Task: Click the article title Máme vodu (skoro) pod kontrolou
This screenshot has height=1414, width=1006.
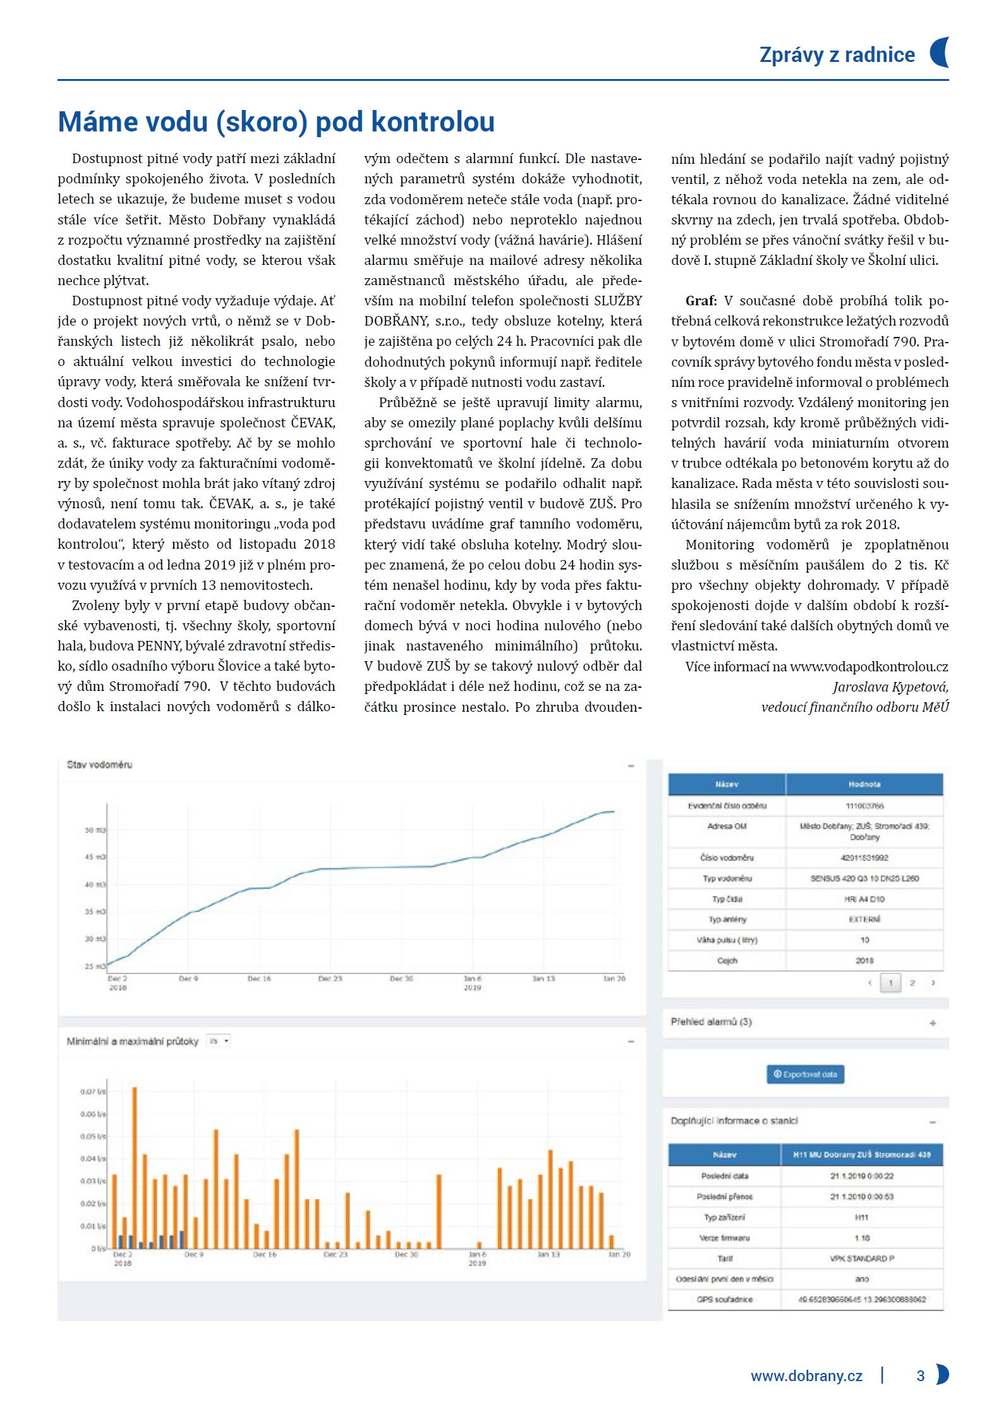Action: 276,122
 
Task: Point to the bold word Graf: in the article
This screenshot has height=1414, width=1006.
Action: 701,301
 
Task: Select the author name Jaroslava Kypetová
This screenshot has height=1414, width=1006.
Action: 890,687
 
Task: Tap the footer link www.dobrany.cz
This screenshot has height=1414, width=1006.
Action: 806,1376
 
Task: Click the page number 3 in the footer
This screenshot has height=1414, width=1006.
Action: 920,1376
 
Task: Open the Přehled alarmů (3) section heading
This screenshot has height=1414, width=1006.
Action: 711,1021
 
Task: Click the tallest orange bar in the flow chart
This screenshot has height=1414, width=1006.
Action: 135,1166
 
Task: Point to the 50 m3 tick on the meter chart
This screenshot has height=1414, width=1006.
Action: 95,830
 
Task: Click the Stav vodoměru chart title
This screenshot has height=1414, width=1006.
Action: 99,765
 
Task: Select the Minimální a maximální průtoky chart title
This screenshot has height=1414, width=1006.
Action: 132,1041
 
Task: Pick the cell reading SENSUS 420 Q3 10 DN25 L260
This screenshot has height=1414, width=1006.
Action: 864,879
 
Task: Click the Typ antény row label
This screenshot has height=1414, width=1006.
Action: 727,920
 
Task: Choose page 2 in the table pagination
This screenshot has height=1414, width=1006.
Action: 912,983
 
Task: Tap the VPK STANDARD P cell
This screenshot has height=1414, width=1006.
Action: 862,1259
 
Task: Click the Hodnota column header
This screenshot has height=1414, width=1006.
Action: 864,784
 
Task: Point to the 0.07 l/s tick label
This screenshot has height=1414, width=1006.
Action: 93,1092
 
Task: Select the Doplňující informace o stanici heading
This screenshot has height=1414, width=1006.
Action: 734,1121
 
